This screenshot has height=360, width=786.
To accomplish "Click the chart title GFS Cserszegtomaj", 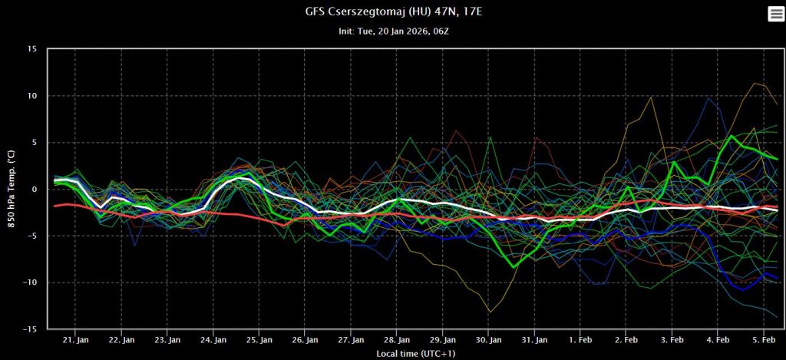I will click(x=392, y=12).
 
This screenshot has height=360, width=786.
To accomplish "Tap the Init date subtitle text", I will click(x=392, y=31).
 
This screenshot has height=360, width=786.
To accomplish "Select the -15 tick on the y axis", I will click(x=30, y=329).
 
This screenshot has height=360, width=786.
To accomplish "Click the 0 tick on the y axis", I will click(x=34, y=189).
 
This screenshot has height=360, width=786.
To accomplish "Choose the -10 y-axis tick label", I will click(x=30, y=282).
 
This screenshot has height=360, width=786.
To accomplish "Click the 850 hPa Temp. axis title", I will click(x=11, y=189).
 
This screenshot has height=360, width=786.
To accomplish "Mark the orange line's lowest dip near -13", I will click(x=490, y=312).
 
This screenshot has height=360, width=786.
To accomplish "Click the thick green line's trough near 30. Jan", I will click(x=514, y=266).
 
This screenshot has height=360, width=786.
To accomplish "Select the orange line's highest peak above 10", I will click(x=757, y=83).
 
